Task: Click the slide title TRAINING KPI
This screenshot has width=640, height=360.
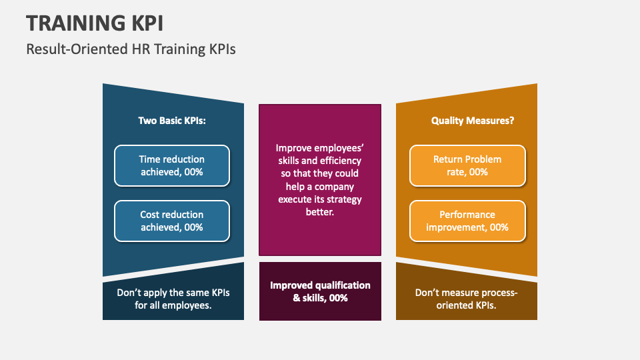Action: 95,22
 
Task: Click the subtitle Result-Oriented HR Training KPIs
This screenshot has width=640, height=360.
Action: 131,49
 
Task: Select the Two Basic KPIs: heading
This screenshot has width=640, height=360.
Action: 172,121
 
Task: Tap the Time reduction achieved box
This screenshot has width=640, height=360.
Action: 172,165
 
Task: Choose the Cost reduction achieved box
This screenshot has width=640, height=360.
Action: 172,221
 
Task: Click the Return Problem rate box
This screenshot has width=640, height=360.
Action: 467,165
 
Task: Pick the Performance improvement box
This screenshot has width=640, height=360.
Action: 467,221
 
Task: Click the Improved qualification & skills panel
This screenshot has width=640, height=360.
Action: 320,291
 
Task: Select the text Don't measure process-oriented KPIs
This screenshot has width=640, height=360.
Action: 467,299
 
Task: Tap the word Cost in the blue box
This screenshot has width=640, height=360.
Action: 151,215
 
